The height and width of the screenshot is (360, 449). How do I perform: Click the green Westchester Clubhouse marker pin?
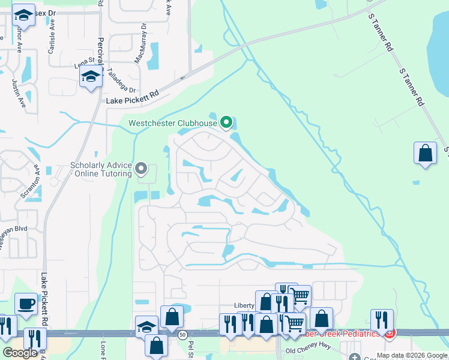(226, 122)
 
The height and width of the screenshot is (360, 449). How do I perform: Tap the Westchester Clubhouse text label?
(172, 124)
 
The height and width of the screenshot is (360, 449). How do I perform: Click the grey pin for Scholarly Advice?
(141, 168)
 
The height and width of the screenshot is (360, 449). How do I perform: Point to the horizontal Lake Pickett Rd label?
(133, 95)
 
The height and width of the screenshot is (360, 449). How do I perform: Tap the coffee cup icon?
(26, 304)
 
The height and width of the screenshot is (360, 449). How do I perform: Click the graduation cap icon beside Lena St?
(91, 76)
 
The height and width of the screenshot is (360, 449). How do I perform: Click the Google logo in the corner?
(20, 353)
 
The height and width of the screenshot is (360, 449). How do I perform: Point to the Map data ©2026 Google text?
(412, 355)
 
